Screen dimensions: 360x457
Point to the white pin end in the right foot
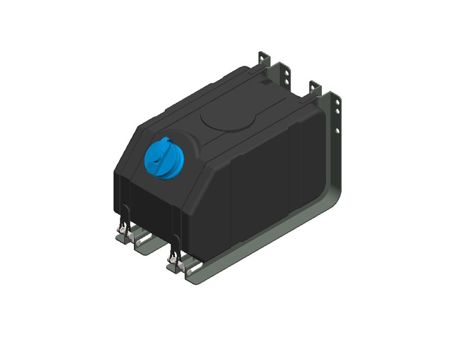pos(186,271)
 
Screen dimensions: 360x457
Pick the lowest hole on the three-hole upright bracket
pos(338,132)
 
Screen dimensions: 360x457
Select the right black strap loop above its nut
pos(176,244)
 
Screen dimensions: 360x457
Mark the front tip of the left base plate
pos(118,238)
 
